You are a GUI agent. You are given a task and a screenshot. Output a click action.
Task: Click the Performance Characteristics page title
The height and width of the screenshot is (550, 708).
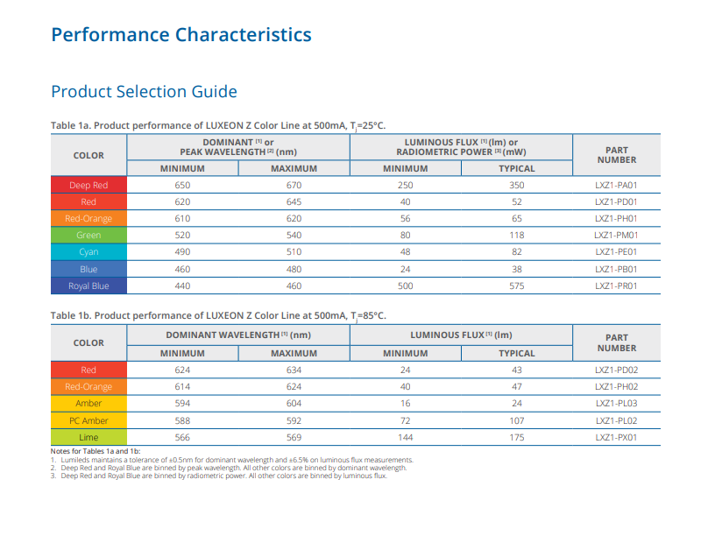[x=181, y=35]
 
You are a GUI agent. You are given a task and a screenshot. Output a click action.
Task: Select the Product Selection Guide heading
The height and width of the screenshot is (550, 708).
[x=144, y=92]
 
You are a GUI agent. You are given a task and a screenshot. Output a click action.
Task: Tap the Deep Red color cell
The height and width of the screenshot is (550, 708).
[x=88, y=185]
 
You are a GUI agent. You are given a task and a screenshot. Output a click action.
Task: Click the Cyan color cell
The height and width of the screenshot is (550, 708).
[x=88, y=251]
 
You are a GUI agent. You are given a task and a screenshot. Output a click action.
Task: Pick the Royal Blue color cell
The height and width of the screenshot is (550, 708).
[x=88, y=286]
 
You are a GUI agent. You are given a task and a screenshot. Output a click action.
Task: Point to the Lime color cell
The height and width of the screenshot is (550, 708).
[x=88, y=437]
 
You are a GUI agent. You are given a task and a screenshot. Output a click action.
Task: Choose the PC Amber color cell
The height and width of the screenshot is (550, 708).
[x=88, y=420]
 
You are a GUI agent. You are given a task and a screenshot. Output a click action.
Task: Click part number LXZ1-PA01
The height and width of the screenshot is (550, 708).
[x=616, y=185]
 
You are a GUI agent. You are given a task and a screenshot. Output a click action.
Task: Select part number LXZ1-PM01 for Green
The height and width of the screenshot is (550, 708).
[x=616, y=235]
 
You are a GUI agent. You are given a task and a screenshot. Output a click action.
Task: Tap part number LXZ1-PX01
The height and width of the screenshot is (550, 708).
[x=616, y=437]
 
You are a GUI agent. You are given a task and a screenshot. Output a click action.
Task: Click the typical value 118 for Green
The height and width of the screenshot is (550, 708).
[x=517, y=235]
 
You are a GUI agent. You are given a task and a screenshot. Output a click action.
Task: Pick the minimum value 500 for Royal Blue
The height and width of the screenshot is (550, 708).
[x=405, y=286]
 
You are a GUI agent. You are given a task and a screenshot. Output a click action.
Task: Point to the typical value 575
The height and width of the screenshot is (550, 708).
[x=517, y=286]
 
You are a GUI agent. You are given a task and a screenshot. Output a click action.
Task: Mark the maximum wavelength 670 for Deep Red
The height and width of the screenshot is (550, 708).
[x=294, y=185]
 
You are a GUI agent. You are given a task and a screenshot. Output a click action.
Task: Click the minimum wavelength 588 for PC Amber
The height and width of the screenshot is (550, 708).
[x=182, y=420]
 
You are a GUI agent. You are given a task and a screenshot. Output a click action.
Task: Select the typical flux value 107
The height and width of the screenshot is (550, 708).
[x=517, y=420]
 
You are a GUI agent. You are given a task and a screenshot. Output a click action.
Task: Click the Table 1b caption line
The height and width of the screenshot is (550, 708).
[x=218, y=316]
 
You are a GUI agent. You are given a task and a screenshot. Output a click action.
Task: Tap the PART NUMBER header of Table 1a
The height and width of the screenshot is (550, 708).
[x=616, y=155]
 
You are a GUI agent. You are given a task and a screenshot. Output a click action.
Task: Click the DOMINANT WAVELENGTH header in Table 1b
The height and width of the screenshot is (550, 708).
[x=238, y=335]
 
